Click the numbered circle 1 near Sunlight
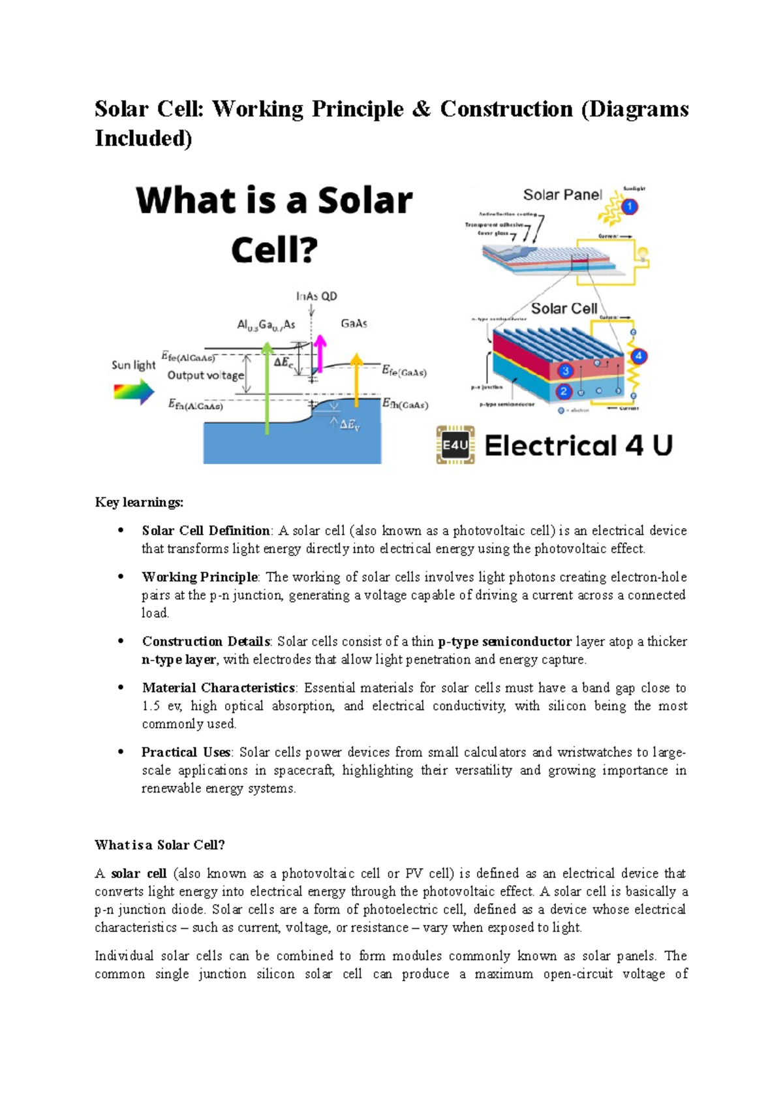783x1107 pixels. [629, 207]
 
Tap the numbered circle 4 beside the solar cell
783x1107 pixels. [638, 356]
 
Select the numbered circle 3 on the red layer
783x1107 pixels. [565, 371]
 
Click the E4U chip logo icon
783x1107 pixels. [455, 446]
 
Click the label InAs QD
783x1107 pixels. [316, 296]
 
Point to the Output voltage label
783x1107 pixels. [206, 375]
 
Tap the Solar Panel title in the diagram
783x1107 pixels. [562, 195]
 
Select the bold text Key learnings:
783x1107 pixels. [139, 502]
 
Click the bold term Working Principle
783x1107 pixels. [200, 577]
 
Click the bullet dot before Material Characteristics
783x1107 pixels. [121, 687]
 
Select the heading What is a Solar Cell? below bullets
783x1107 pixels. [160, 845]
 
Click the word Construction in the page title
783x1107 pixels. [506, 109]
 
